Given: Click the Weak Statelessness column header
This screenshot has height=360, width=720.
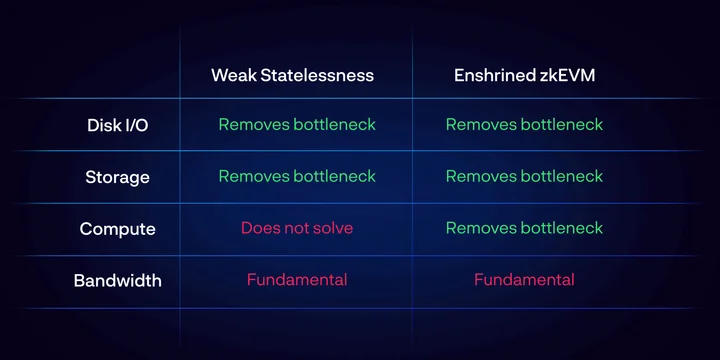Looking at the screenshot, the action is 292,75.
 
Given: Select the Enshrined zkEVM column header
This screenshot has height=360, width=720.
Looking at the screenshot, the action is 524,75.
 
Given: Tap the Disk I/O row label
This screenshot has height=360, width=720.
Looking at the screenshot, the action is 118,125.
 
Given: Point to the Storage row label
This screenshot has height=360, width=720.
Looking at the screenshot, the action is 118,177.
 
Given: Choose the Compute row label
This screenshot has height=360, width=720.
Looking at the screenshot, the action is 118,229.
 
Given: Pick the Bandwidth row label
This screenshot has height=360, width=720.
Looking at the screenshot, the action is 118,281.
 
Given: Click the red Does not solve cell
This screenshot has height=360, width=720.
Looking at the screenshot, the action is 297,228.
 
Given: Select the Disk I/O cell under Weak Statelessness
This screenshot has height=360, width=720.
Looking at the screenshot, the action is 297,124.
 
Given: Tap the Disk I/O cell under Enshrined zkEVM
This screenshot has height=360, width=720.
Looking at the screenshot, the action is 524,124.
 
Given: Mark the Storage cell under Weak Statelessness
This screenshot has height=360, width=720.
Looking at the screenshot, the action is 297,176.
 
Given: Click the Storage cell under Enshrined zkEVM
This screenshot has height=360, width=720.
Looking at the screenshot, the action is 524,176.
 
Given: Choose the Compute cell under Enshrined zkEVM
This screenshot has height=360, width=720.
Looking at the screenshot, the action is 524,228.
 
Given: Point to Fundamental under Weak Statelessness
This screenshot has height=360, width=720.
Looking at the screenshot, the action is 297,280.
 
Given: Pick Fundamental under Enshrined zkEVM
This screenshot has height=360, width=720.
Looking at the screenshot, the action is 524,280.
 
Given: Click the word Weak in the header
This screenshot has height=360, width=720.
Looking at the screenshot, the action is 234,75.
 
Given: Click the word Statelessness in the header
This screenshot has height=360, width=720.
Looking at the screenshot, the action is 317,75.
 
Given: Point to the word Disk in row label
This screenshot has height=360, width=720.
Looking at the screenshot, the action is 101,125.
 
